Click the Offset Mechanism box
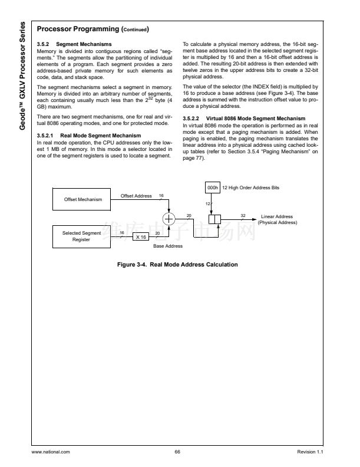(x=83, y=199)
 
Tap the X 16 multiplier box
(x=140, y=236)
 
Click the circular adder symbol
(x=170, y=219)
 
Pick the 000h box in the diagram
(x=212, y=187)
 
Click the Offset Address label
(x=136, y=196)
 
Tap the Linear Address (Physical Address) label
(x=277, y=219)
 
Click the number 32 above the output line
(x=243, y=215)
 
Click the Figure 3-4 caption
(x=178, y=265)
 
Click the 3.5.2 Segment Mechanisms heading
(x=74, y=44)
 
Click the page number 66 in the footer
(x=177, y=452)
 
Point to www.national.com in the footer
(x=51, y=452)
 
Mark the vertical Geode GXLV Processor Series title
(x=22, y=76)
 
